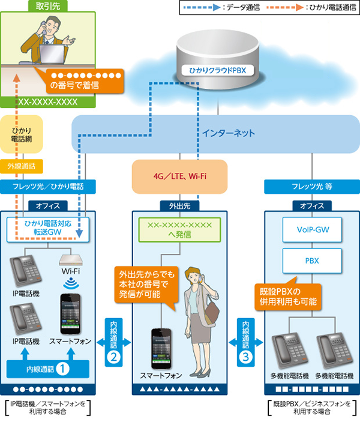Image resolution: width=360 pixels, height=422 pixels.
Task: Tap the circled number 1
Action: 64,364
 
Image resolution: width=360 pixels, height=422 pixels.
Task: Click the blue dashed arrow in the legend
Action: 205,8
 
